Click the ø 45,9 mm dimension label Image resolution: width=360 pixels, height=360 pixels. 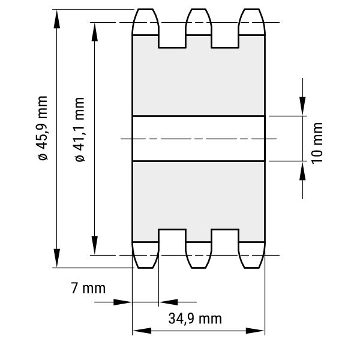pyautogui.click(x=43, y=128)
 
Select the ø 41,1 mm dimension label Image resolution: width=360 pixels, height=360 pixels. pyautogui.click(x=80, y=130)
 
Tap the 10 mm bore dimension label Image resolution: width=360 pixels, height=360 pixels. pyautogui.click(x=317, y=143)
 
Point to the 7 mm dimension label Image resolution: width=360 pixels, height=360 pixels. pyautogui.click(x=88, y=288)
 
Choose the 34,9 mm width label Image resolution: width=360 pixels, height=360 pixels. pyautogui.click(x=195, y=319)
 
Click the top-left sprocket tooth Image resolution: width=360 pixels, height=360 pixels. pyautogui.click(x=145, y=22)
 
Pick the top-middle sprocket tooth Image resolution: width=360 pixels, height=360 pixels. pyautogui.click(x=199, y=22)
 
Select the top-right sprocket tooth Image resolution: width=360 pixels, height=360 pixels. pyautogui.click(x=252, y=22)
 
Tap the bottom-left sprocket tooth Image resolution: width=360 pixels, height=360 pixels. pyautogui.click(x=145, y=255)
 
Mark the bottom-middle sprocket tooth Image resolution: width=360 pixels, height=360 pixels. pyautogui.click(x=199, y=255)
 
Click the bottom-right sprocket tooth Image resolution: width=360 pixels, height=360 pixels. pyautogui.click(x=252, y=255)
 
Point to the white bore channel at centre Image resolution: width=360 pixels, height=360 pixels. pyautogui.click(x=199, y=139)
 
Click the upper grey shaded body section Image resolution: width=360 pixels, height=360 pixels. pyautogui.click(x=199, y=76)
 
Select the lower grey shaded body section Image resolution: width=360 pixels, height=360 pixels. pyautogui.click(x=199, y=202)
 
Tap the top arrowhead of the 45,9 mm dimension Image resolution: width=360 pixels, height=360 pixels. pyautogui.click(x=57, y=19)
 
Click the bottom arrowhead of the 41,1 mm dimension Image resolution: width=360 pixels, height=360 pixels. pyautogui.click(x=95, y=245)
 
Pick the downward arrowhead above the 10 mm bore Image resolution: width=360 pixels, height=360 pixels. pyautogui.click(x=302, y=106)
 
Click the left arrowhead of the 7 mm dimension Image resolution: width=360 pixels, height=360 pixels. pyautogui.click(x=123, y=302)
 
